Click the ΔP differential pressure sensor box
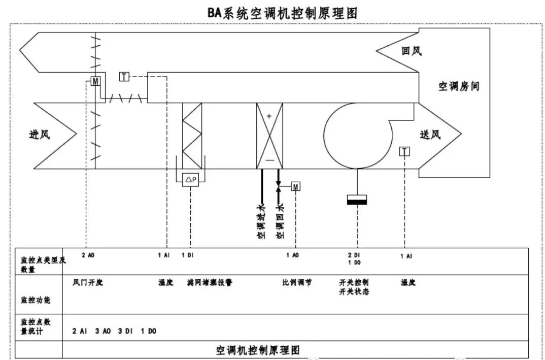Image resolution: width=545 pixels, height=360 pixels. [190, 180]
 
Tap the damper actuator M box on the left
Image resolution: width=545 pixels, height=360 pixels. [95, 81]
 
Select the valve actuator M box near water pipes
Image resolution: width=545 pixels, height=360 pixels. [296, 186]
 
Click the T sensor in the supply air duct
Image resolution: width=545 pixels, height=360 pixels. [404, 151]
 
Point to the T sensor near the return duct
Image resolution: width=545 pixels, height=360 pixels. [124, 77]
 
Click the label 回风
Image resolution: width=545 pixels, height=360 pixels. [412, 51]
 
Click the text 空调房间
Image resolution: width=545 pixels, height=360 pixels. [459, 86]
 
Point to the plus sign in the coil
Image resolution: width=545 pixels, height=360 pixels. [269, 116]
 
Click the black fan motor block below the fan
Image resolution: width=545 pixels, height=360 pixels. [357, 200]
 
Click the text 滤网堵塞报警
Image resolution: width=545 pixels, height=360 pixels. [209, 282]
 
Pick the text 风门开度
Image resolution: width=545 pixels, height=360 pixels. [88, 282]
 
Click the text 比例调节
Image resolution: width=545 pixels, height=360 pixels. [297, 282]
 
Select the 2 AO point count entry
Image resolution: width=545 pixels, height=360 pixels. [88, 255]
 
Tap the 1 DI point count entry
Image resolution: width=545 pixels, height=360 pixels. [187, 255]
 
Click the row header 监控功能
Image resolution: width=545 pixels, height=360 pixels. [36, 300]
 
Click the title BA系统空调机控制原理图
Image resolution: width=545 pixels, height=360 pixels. [282, 13]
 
